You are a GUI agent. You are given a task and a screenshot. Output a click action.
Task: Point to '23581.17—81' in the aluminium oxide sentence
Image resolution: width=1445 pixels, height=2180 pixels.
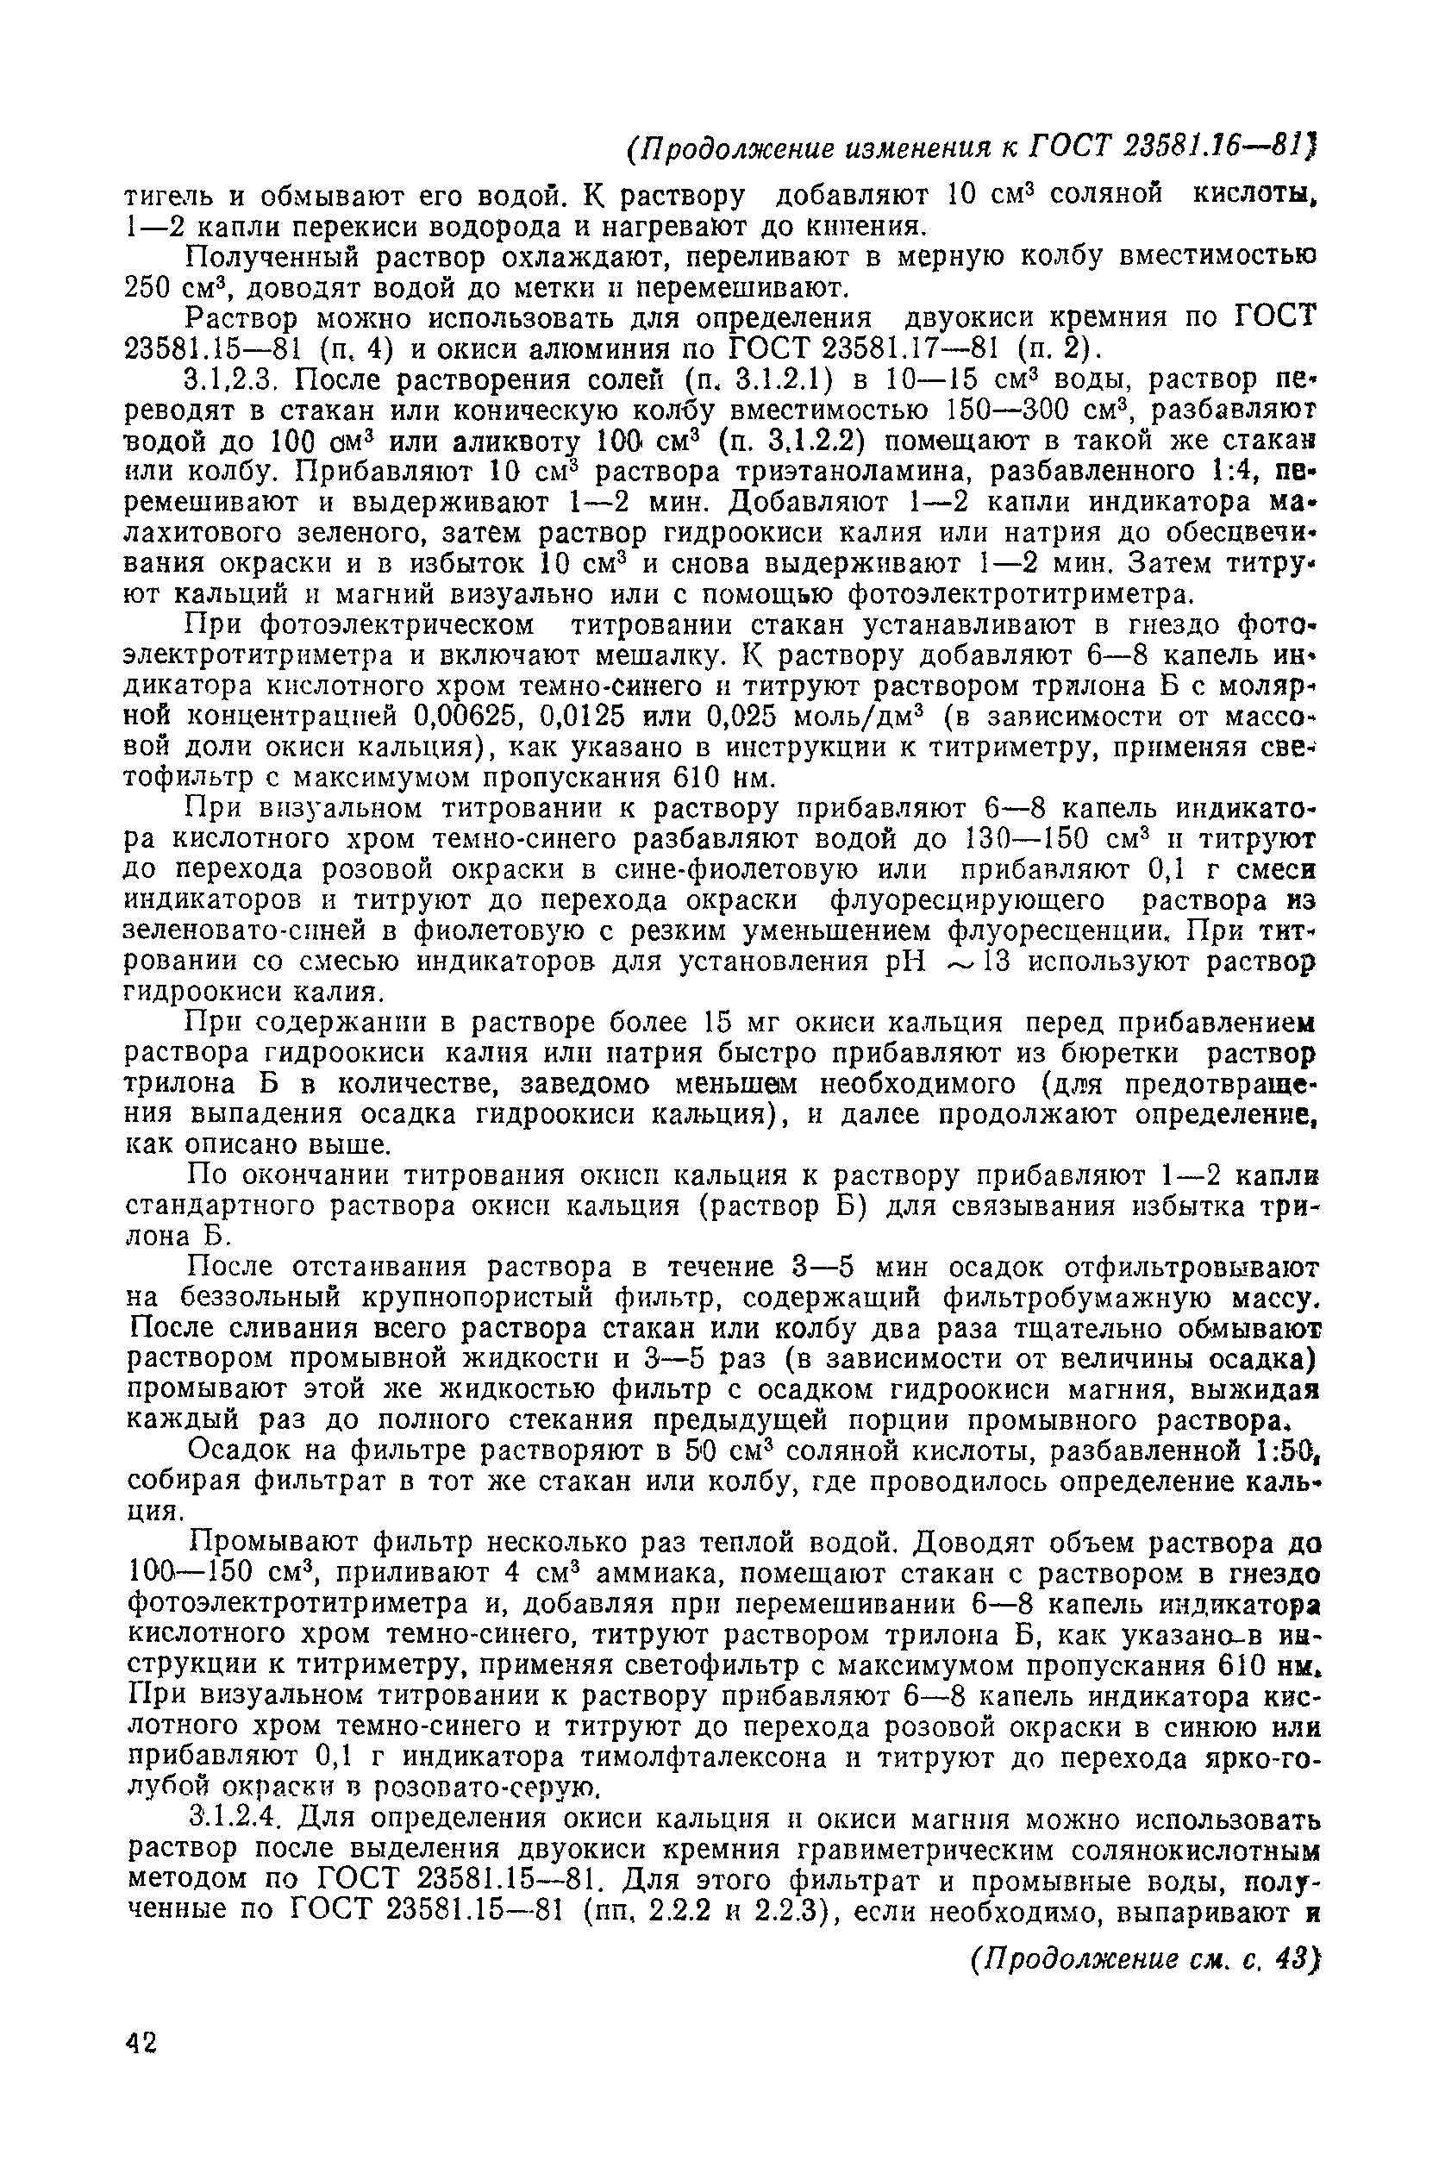pyautogui.click(x=910, y=349)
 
